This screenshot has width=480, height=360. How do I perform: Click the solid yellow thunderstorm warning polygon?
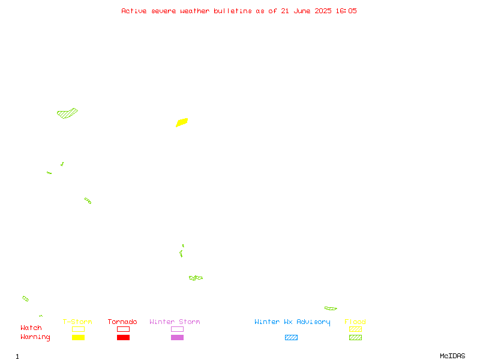182,122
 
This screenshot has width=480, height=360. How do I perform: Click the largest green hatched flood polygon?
67,113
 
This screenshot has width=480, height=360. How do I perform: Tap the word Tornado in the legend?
122,322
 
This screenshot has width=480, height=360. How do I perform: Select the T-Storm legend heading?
77,322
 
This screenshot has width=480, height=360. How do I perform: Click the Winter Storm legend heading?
175,322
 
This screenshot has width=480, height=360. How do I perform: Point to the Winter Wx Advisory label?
292,322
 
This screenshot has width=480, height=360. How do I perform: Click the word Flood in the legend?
355,322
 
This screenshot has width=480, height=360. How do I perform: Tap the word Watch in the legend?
31,328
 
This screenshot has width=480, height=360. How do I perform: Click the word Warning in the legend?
35,337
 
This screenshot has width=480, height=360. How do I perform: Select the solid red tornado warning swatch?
124,337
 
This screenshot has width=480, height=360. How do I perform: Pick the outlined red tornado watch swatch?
124,329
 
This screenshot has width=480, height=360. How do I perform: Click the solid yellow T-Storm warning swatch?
79,337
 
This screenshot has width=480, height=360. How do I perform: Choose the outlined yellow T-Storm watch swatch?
79,329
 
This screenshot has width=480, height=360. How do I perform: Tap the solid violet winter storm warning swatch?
177,337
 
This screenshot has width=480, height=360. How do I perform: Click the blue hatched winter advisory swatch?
291,337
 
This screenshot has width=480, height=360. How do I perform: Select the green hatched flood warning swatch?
355,337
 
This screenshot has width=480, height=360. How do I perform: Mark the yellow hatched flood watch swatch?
355,329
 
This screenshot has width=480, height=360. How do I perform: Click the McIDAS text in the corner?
452,356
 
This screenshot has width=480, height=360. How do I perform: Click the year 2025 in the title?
323,11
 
